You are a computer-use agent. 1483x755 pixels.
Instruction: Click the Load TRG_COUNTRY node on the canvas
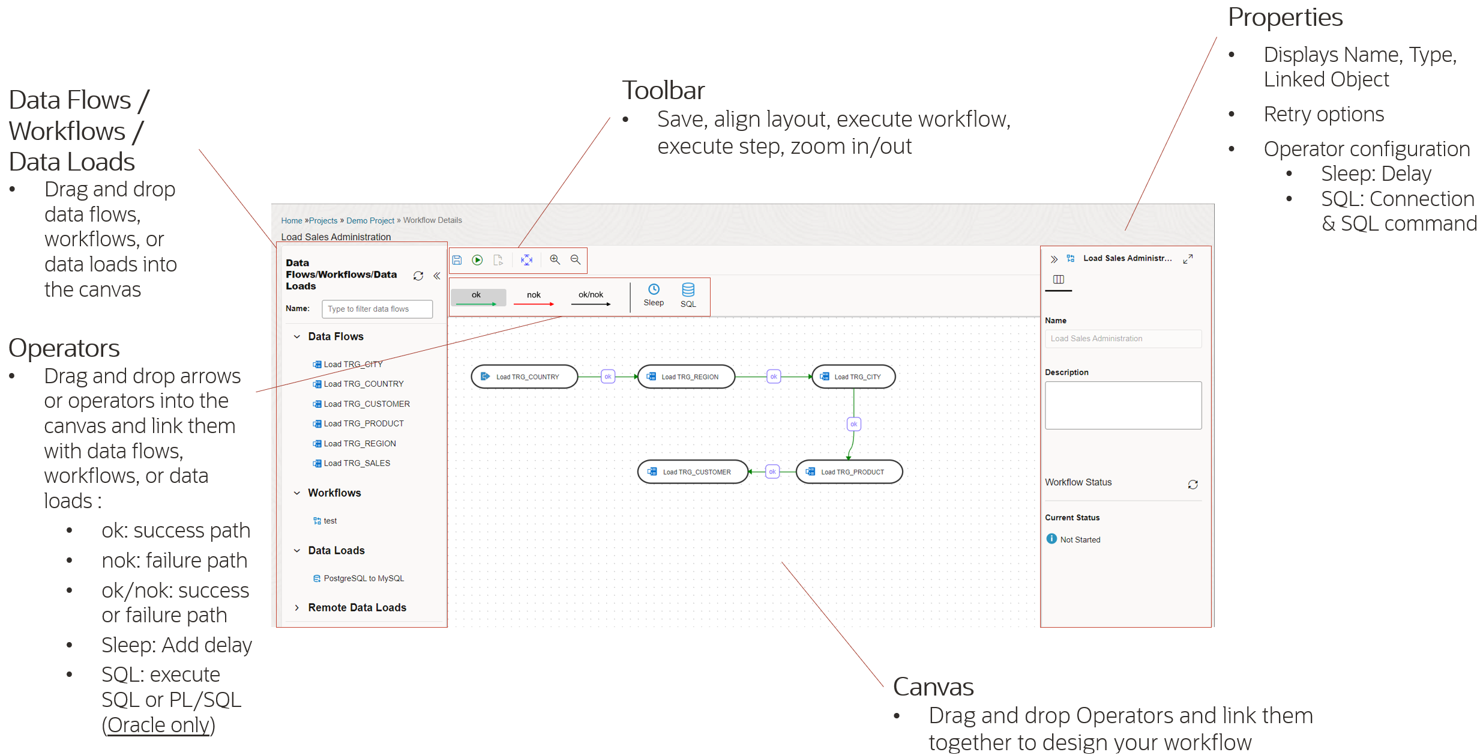[524, 377]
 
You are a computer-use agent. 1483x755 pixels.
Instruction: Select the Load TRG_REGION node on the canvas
[686, 377]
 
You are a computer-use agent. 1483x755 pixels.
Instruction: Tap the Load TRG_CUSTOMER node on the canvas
[693, 472]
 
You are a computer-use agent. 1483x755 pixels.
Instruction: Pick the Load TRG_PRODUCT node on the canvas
[849, 472]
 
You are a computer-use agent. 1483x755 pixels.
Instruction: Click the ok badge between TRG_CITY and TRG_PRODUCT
[853, 424]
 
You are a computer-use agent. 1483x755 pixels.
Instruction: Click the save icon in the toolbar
[457, 260]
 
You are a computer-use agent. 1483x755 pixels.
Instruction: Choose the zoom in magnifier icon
[555, 259]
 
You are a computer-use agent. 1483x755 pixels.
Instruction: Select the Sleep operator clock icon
[654, 290]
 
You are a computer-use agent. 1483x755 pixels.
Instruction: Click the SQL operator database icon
[688, 290]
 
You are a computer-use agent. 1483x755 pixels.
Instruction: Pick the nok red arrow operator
[534, 298]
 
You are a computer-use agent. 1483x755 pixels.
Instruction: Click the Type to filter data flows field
[377, 309]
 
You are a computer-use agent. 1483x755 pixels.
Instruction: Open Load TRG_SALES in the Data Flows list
[356, 463]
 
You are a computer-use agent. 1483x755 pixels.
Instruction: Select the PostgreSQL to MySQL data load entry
[363, 578]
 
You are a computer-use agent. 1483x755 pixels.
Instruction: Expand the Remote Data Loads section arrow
[296, 608]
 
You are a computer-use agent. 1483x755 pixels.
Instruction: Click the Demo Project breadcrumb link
[370, 220]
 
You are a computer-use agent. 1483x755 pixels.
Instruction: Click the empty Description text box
[1122, 405]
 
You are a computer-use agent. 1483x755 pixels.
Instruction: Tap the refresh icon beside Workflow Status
[1193, 484]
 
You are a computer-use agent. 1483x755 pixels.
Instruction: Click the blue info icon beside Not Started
[1051, 539]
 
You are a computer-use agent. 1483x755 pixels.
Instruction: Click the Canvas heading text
[933, 687]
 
